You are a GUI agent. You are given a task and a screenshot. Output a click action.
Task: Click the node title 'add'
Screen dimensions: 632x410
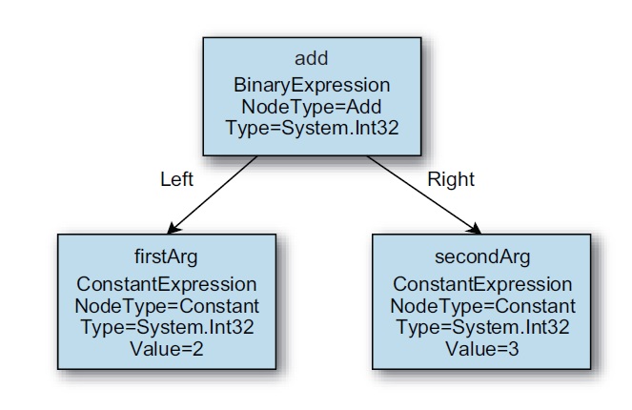(311, 58)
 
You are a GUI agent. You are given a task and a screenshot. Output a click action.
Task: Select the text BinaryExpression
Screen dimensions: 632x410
(312, 86)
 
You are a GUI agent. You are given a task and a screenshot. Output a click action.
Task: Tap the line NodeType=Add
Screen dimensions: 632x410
(312, 107)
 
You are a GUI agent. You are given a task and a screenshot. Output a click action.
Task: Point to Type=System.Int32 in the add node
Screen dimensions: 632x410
(312, 128)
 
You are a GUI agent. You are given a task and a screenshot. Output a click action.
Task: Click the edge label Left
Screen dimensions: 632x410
(177, 179)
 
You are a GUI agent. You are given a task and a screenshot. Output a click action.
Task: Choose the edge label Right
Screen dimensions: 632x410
(451, 179)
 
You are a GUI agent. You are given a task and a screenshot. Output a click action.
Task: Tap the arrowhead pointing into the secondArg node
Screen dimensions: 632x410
(475, 229)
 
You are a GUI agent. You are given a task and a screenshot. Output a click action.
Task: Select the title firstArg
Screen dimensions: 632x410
(166, 256)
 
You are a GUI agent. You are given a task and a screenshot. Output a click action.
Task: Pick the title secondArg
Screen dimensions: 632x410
(482, 256)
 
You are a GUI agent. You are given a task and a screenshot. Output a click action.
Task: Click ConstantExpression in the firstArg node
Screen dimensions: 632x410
(167, 284)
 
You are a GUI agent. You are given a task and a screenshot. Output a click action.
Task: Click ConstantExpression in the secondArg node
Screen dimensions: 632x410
(482, 284)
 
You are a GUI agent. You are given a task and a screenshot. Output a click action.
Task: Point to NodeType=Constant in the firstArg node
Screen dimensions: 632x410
(167, 306)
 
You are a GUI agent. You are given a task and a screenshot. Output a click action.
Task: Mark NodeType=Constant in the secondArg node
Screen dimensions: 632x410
(483, 306)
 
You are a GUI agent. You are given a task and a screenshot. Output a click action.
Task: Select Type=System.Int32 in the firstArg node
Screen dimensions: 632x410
(167, 327)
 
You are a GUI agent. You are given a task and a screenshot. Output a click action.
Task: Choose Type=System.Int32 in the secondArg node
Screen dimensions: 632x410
(483, 327)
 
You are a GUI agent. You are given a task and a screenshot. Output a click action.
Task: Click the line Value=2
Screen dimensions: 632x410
(167, 349)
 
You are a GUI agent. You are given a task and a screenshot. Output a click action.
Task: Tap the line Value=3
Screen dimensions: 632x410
(482, 349)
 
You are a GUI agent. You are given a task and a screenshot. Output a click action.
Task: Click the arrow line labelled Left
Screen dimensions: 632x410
(212, 195)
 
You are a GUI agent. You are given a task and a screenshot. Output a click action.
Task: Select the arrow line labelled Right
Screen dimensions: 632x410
(424, 195)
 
